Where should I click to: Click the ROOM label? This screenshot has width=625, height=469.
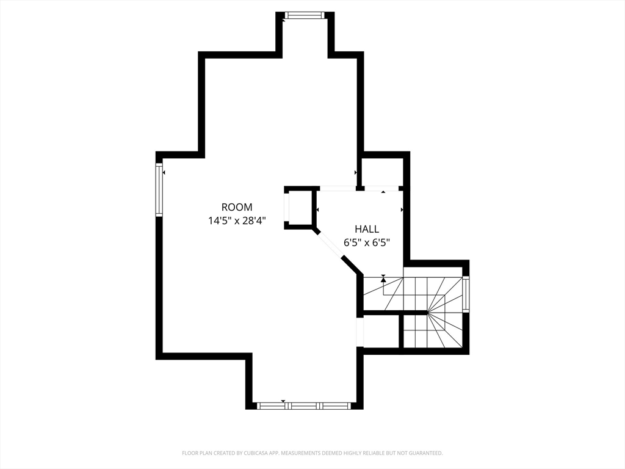tap(237, 207)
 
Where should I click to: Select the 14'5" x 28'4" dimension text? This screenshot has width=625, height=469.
tap(237, 220)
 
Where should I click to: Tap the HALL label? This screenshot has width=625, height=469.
tap(367, 229)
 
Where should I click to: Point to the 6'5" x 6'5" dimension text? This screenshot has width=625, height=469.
tap(367, 242)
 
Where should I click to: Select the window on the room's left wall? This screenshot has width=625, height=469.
tap(159, 190)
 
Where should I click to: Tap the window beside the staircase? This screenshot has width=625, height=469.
tap(466, 293)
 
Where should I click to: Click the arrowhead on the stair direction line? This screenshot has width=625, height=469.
tap(383, 280)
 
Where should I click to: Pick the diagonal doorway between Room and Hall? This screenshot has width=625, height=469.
tap(330, 244)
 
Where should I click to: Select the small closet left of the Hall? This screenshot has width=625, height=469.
tap(300, 208)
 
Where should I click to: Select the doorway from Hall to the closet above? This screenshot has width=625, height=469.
tap(382, 188)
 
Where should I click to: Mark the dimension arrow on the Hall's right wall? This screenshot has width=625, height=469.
tap(402, 209)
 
